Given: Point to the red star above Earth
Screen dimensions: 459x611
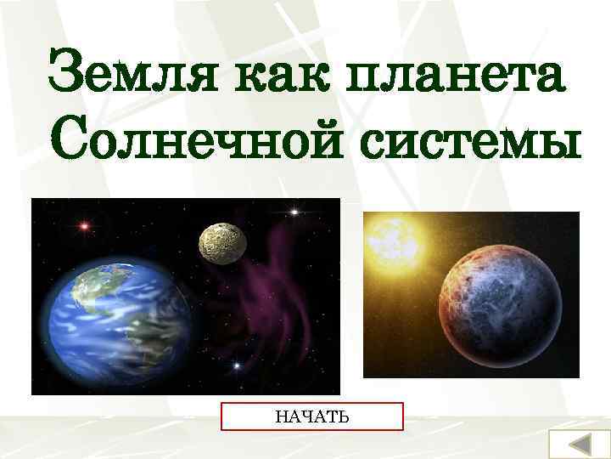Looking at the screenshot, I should tap(84, 226).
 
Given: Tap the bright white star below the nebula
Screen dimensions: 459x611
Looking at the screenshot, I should tap(237, 366).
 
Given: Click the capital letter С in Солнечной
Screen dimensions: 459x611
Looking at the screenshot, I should tap(72, 135).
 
